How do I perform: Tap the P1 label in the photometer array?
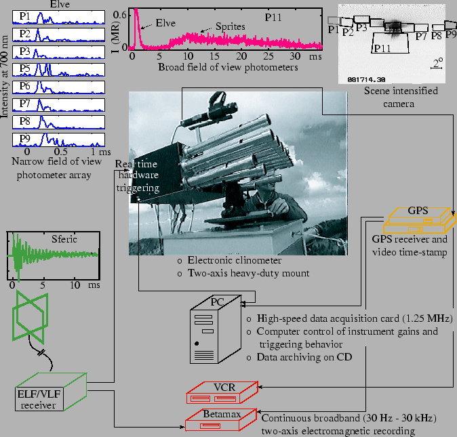24,16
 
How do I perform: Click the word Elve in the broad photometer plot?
165,22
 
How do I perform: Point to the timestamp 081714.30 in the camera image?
367,79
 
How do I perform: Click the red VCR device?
222,392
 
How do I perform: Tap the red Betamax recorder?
221,420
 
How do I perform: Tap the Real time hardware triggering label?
138,176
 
